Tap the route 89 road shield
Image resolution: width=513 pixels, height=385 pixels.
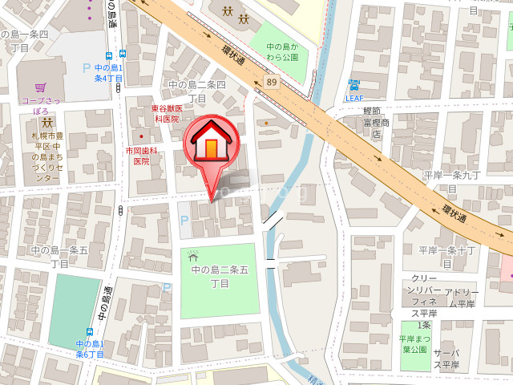point(273,82)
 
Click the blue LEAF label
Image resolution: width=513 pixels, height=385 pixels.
point(355,98)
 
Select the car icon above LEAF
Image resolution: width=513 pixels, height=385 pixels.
point(354,85)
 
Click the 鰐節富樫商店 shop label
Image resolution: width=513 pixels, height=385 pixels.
point(375,123)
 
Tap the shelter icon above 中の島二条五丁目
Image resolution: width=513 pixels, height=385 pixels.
point(192,257)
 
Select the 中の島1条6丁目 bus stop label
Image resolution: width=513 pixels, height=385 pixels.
point(90,348)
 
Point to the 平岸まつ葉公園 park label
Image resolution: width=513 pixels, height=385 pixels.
point(414,344)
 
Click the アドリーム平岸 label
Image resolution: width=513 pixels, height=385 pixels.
point(461,298)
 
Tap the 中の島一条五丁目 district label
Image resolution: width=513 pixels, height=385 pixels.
point(60,256)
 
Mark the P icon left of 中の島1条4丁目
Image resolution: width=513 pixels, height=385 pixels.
point(87,70)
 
